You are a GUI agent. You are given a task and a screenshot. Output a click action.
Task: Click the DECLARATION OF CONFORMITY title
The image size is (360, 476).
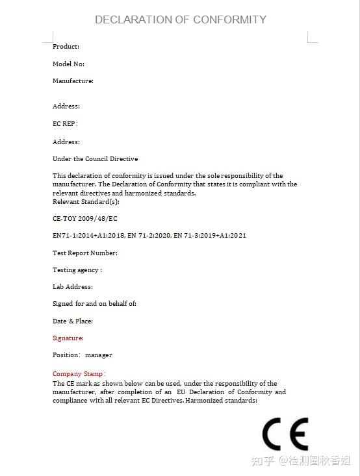tap(180, 19)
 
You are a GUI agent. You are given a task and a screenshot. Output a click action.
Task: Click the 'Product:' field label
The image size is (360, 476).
tap(66, 47)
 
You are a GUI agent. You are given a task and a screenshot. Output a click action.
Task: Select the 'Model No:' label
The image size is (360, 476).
tap(68, 64)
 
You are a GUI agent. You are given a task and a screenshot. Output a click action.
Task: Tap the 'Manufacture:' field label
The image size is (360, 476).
tap(73, 81)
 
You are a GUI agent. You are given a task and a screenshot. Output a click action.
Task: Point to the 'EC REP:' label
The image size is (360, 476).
tap(65, 123)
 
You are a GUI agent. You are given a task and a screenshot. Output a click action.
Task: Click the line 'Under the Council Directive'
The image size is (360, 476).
tap(95, 159)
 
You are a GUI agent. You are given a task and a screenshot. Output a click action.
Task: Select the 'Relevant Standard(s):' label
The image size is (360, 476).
tap(86, 201)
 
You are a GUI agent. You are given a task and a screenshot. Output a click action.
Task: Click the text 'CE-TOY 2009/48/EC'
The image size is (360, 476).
tap(85, 219)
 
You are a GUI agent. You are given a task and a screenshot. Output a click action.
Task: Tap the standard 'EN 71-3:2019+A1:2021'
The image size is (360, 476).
tap(210, 236)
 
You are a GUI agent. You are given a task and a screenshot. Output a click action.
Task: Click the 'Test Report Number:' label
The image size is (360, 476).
tap(84, 253)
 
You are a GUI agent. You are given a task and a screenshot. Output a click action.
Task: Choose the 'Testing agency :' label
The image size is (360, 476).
tap(77, 270)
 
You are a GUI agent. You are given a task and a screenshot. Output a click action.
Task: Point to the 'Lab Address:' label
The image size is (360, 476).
tap(72, 287)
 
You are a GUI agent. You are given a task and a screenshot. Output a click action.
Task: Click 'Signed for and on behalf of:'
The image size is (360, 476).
tap(94, 304)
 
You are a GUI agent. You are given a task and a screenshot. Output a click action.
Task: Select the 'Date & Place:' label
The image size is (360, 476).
tap(72, 321)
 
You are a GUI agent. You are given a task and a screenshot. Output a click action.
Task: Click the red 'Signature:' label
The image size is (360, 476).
tap(68, 338)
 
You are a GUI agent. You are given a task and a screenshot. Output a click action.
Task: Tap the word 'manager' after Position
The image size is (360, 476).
tap(98, 355)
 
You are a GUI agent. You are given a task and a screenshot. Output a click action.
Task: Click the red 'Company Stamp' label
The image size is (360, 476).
tap(77, 374)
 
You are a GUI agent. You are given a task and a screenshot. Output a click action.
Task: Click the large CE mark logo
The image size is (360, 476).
tap(285, 434)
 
